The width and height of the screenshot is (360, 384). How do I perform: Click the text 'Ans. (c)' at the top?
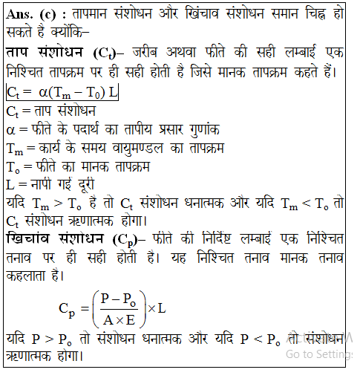point(32,16)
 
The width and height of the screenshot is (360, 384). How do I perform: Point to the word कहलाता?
point(30,277)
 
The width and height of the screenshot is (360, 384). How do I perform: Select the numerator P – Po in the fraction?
point(120,297)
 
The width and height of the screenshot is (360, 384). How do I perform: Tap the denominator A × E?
point(120,320)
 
